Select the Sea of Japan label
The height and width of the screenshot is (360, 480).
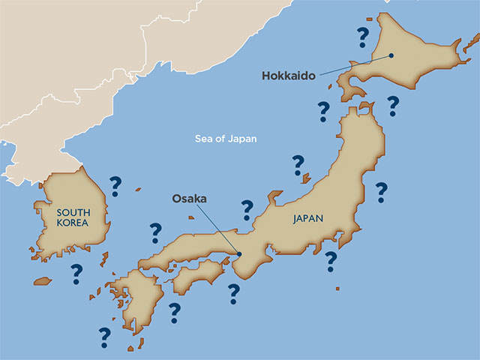click(226, 138)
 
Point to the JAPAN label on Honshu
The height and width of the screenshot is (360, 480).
click(308, 219)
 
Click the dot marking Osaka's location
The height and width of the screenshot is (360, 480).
click(240, 253)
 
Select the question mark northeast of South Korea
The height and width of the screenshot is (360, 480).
click(115, 185)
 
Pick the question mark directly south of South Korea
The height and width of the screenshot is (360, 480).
click(76, 274)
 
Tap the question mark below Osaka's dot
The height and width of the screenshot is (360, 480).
click(234, 293)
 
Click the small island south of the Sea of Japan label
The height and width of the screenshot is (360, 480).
click(305, 178)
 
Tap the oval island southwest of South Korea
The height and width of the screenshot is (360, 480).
click(43, 281)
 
